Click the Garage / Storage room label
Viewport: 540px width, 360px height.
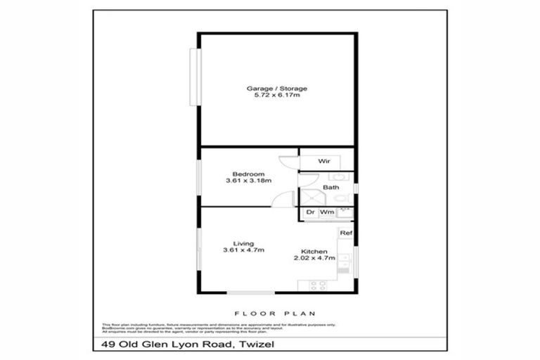276,89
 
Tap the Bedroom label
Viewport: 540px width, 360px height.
249,174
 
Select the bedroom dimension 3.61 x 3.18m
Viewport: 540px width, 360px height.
249,181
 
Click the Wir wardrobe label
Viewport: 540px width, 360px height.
323,162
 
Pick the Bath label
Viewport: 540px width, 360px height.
330,188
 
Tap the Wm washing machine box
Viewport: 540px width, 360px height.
326,212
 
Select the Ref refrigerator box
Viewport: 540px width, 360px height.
345,233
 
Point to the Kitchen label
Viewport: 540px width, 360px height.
312,251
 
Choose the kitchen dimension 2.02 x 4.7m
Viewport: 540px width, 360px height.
312,258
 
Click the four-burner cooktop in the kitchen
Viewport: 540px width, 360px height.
316,285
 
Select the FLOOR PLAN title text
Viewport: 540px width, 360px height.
274,314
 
